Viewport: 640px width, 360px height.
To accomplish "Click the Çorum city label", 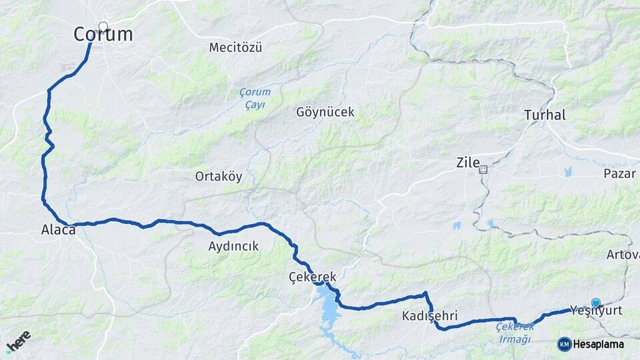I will (x=103, y=35).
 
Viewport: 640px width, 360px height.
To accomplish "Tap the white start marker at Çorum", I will (x=103, y=27).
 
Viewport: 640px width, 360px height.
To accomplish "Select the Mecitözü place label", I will (x=235, y=47).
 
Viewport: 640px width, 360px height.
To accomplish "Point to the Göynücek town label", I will (x=325, y=112).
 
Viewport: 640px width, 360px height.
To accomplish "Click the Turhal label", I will (x=545, y=115).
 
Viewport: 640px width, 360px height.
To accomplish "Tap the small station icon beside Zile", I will (x=483, y=169).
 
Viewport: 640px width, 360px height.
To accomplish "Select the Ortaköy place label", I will (x=219, y=177).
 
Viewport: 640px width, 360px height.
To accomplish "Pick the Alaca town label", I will (x=58, y=229).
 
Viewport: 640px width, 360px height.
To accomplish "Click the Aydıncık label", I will (x=233, y=246).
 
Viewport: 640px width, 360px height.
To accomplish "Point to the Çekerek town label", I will (x=313, y=276).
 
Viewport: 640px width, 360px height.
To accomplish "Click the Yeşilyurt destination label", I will (x=596, y=311).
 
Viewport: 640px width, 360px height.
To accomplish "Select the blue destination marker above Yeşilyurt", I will (x=595, y=303).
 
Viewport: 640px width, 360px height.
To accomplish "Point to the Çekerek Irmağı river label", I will (x=515, y=333).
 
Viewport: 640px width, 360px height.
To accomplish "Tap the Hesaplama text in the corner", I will (x=599, y=344).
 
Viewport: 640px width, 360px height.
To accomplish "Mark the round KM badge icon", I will (x=564, y=344).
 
